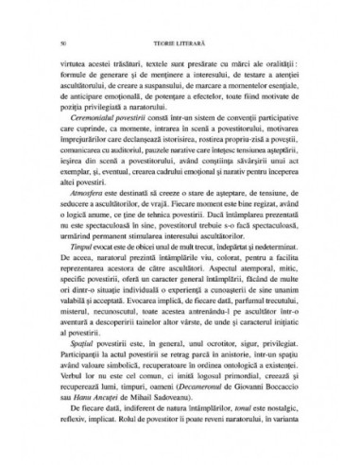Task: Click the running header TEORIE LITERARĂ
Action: (x=180, y=43)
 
